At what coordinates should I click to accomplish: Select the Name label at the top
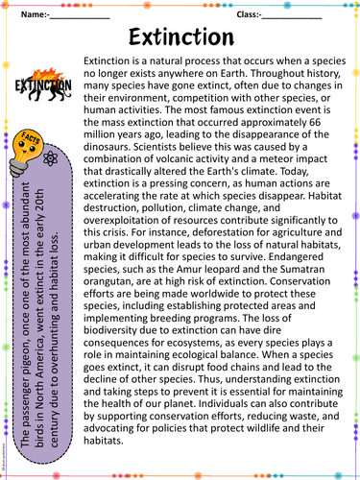(31, 14)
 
